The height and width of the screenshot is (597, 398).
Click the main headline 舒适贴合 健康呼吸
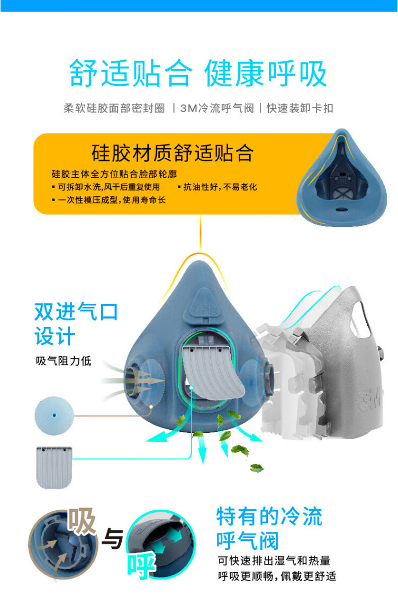pos(198,73)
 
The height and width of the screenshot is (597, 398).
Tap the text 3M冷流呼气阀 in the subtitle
pos(216,108)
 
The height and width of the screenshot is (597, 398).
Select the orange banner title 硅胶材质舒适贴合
pos(173,153)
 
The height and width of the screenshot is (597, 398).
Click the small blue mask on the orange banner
pos(341,178)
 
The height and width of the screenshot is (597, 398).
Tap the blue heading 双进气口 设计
pos(76,324)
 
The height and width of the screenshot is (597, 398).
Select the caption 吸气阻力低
pos(64,360)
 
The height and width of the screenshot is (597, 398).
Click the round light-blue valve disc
pos(54,415)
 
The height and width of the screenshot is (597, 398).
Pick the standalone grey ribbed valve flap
pos(53,467)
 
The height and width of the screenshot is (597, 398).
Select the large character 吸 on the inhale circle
pos(82,522)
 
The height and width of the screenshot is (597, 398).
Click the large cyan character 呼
pos(141,566)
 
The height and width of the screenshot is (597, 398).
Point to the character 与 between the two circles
pos(112,539)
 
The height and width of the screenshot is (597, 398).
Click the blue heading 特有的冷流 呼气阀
pos(269,528)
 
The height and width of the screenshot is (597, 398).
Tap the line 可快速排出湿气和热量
pos(274,560)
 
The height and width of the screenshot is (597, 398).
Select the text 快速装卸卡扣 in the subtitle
pos(300,108)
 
